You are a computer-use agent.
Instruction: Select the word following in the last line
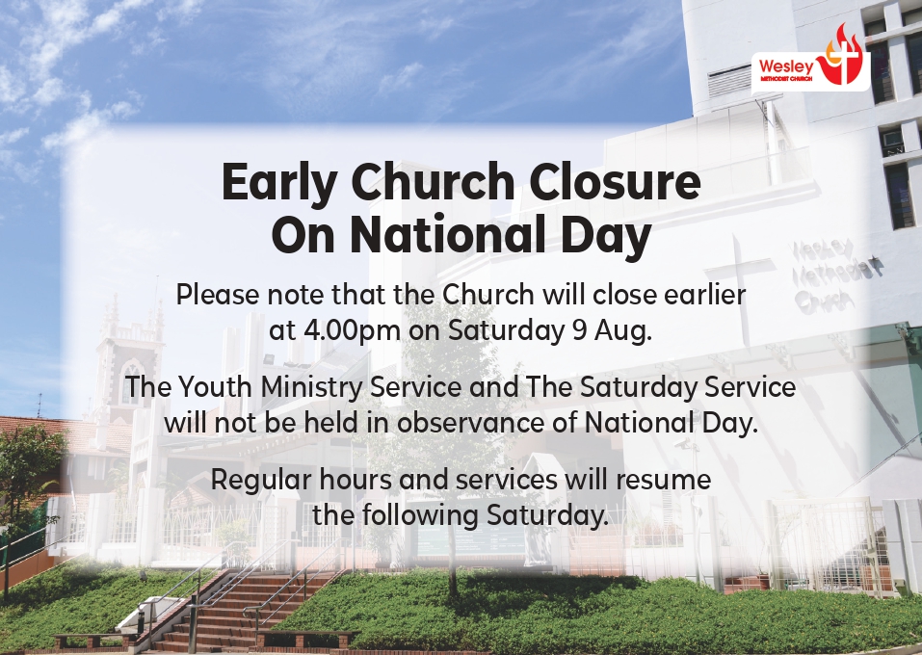click(419, 516)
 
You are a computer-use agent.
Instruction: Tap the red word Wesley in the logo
click(786, 65)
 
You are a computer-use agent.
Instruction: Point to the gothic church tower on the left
click(129, 358)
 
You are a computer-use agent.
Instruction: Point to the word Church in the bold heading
click(434, 182)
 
